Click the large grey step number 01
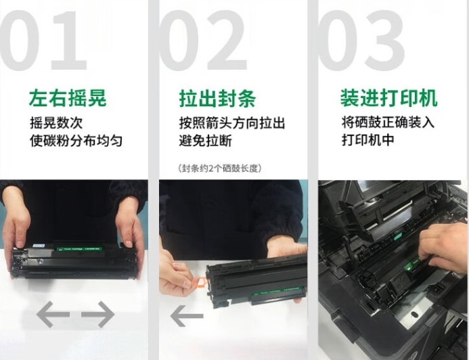[x=43, y=41]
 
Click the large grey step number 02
[x=204, y=41]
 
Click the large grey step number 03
[x=361, y=41]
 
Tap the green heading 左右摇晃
[x=68, y=97]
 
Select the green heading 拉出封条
[x=217, y=97]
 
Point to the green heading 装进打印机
[x=389, y=97]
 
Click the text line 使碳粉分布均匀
[x=76, y=141]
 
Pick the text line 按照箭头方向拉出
[x=232, y=123]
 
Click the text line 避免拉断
[x=206, y=141]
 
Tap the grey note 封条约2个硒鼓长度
[x=220, y=168]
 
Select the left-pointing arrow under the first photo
[x=53, y=314]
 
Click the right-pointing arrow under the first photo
[x=98, y=314]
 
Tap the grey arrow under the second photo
[x=187, y=316]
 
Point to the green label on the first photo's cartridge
[x=80, y=249]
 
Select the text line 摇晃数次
[x=56, y=123]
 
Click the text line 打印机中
[x=367, y=139]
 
